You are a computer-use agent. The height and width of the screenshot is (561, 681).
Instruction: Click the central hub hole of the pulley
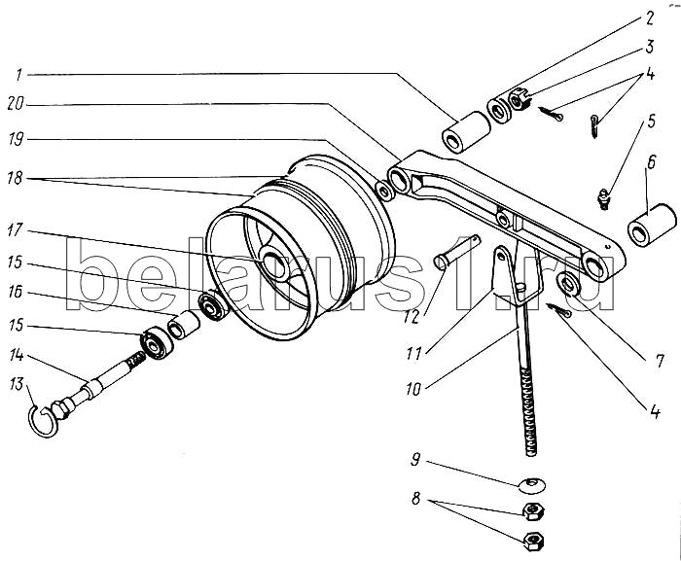[270, 263]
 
